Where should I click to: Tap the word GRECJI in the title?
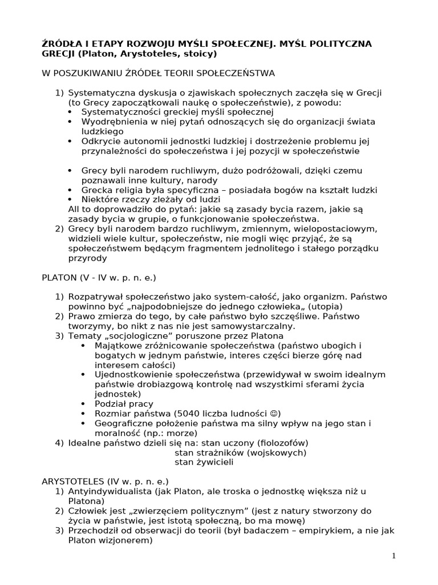point(59,54)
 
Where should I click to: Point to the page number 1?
point(394,555)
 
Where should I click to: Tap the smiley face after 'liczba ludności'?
point(259,414)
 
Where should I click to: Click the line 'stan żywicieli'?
point(203,462)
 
